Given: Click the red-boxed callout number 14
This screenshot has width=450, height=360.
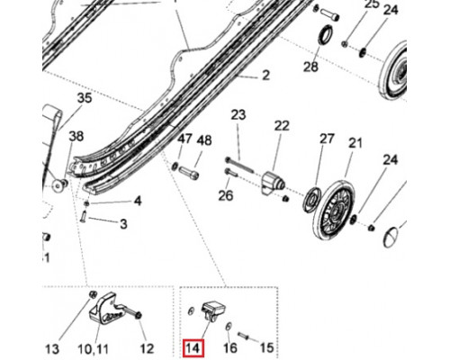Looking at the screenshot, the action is click(193, 348).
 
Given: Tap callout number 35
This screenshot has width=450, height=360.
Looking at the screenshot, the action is click(85, 98).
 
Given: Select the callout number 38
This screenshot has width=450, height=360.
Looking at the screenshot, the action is click(76, 137).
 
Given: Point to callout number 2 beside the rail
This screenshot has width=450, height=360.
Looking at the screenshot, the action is click(265, 76).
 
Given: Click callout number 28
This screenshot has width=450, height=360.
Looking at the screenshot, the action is click(310, 67).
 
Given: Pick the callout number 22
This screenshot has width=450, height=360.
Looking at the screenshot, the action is click(282, 126).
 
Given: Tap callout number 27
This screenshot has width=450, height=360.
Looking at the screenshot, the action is click(327, 139).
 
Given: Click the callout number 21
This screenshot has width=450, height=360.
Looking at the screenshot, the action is click(355, 143).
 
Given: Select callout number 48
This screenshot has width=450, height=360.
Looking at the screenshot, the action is click(204, 140).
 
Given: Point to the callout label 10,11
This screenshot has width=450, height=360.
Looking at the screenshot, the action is click(94, 349).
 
